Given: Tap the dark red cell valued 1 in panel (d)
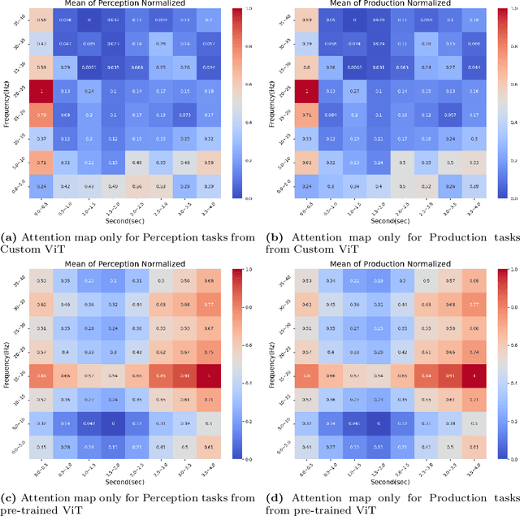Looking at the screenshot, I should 472,375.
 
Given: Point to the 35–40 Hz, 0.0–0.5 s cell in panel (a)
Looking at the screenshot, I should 42,20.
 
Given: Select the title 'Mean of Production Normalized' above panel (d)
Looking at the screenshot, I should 387,263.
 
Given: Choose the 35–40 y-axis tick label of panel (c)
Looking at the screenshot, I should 22,280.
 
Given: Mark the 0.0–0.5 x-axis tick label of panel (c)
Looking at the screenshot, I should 41,470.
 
